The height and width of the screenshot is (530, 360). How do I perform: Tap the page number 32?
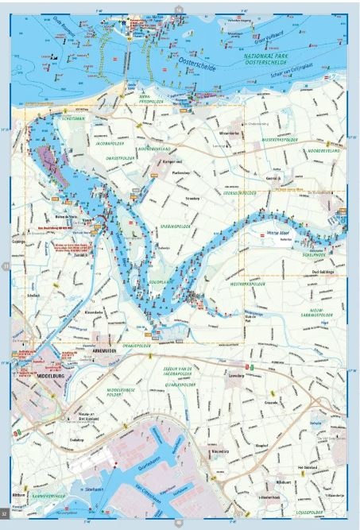point(5,520)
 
